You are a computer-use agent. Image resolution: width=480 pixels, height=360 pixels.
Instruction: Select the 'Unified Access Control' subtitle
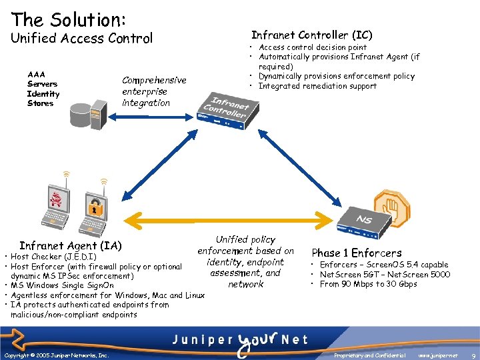[x=81, y=39]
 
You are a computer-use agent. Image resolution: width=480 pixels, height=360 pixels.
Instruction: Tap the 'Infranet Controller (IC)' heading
[x=311, y=35]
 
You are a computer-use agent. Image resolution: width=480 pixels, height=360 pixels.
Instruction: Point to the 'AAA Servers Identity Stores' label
[x=43, y=89]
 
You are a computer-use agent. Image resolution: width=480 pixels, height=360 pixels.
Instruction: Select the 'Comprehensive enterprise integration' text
[x=154, y=91]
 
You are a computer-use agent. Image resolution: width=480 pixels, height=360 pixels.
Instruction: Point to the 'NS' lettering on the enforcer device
[x=363, y=219]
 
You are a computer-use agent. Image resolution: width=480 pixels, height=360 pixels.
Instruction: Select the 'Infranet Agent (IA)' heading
[x=71, y=245]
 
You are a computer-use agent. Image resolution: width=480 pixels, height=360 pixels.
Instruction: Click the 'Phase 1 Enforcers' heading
[x=356, y=253]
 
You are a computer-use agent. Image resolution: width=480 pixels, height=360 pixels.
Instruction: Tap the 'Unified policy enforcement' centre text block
[x=245, y=261]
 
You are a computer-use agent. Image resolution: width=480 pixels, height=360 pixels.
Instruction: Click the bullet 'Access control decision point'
[x=312, y=47]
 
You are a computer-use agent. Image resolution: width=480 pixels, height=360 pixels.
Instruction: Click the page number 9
[x=472, y=356]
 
